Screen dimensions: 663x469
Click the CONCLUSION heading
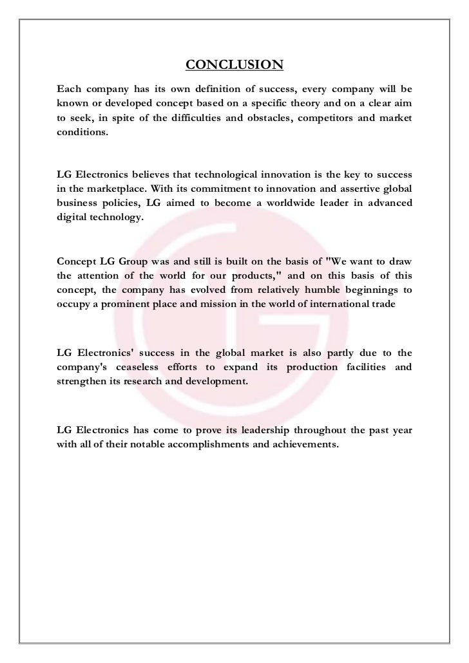[235, 65]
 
